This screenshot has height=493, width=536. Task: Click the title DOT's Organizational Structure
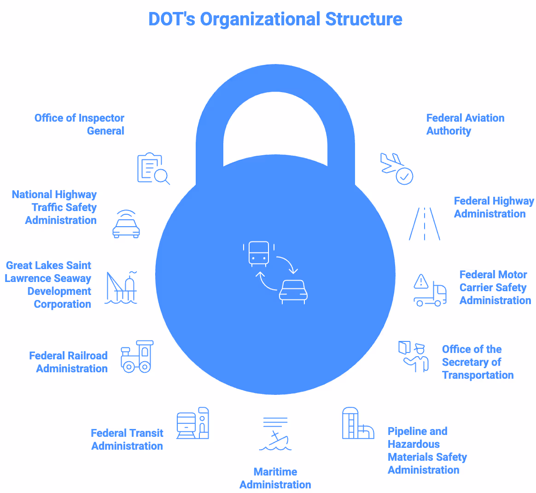tap(275, 19)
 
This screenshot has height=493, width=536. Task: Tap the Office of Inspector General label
tap(80, 124)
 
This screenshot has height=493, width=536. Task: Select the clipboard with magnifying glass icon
tap(153, 169)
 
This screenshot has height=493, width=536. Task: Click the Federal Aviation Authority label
tap(465, 124)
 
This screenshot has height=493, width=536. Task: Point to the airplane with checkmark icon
tap(396, 169)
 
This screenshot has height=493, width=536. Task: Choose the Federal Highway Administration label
tap(494, 207)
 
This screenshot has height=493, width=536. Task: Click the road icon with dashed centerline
tap(425, 224)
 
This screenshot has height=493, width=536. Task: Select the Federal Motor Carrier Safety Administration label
tap(495, 288)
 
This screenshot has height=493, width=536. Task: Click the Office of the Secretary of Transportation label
tap(478, 362)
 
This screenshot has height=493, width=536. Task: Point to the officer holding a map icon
tap(414, 356)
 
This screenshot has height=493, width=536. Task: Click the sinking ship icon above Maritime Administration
tap(275, 434)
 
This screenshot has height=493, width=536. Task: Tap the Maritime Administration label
tap(275, 478)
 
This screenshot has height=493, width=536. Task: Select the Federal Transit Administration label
tap(127, 440)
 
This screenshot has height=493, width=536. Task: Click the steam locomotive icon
tap(137, 357)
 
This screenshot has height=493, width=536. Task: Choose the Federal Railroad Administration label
tap(69, 362)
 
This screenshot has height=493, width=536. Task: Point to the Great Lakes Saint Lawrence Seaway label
tap(48, 285)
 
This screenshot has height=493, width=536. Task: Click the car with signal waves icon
tap(126, 224)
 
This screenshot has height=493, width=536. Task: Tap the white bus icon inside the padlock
tap(259, 253)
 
